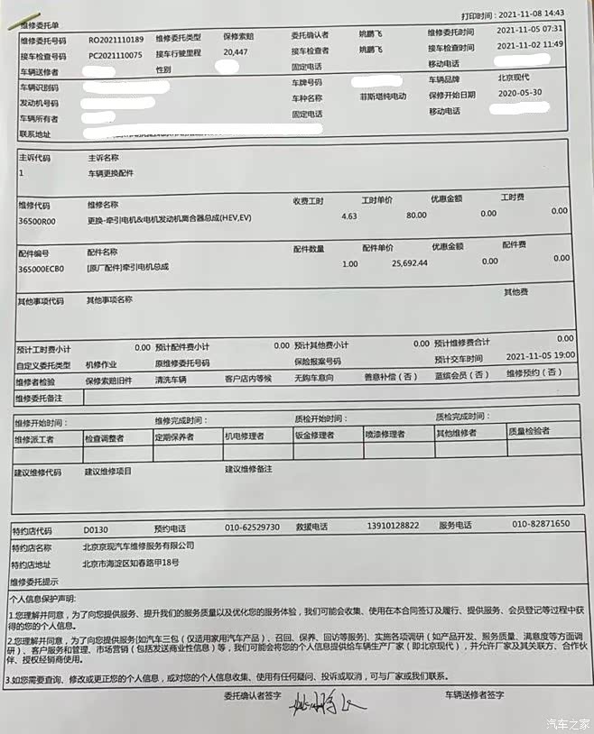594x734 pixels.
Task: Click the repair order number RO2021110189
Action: [116, 41]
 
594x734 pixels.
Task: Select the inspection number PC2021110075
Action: [116, 55]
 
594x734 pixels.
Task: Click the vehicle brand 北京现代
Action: [515, 78]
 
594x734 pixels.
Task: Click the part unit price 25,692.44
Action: [410, 263]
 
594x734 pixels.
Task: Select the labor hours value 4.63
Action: [349, 216]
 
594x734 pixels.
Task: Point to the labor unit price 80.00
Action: [416, 216]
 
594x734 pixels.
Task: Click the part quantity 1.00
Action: [350, 264]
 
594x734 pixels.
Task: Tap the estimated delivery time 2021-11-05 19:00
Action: [541, 354]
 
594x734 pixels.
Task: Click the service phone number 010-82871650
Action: [541, 524]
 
